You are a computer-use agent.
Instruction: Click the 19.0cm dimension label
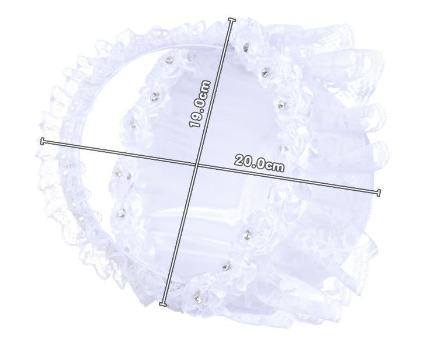tap(199, 104)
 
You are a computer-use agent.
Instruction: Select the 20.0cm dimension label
tap(259, 164)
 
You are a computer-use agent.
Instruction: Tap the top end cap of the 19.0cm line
tap(232, 20)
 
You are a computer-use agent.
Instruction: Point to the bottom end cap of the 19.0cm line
tap(163, 304)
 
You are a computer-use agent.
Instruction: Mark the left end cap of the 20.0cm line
tap(42, 141)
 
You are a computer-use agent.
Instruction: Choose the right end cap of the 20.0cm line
tap(378, 193)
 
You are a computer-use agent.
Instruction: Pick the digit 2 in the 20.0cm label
tap(239, 160)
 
